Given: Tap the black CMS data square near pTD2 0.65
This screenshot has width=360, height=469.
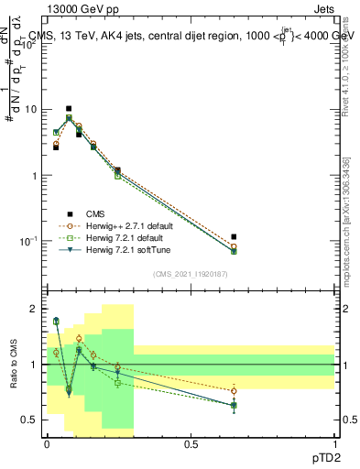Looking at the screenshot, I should coord(234,237).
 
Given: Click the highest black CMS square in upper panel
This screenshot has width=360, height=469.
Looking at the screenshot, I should coord(69,109).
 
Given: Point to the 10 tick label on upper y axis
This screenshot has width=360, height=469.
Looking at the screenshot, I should coord(29,110).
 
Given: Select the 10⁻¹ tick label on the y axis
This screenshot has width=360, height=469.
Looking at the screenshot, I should coord(27,241).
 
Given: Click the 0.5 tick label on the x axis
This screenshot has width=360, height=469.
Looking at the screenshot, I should coord(191,443).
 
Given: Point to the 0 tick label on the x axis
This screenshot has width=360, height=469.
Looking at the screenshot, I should coord(47,443).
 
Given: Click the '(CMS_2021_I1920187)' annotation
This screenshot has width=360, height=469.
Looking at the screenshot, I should coord(190,274).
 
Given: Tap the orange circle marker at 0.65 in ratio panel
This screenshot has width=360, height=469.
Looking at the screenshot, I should coord(234,391).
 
